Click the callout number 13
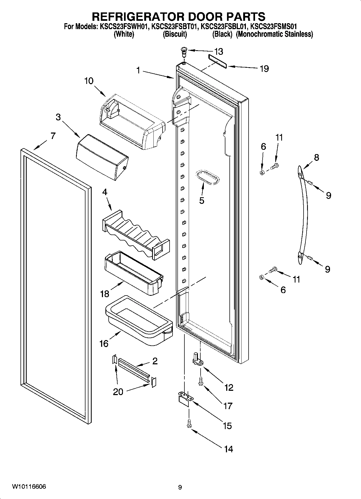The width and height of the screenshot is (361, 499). pos(219,51)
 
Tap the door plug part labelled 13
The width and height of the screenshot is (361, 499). pos(184,51)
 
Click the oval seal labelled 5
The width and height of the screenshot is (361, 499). pos(207,178)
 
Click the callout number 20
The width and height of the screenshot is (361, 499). pos(118,392)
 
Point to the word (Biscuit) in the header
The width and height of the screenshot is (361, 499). pos(175,34)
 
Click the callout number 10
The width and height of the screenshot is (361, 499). pos(89,81)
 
